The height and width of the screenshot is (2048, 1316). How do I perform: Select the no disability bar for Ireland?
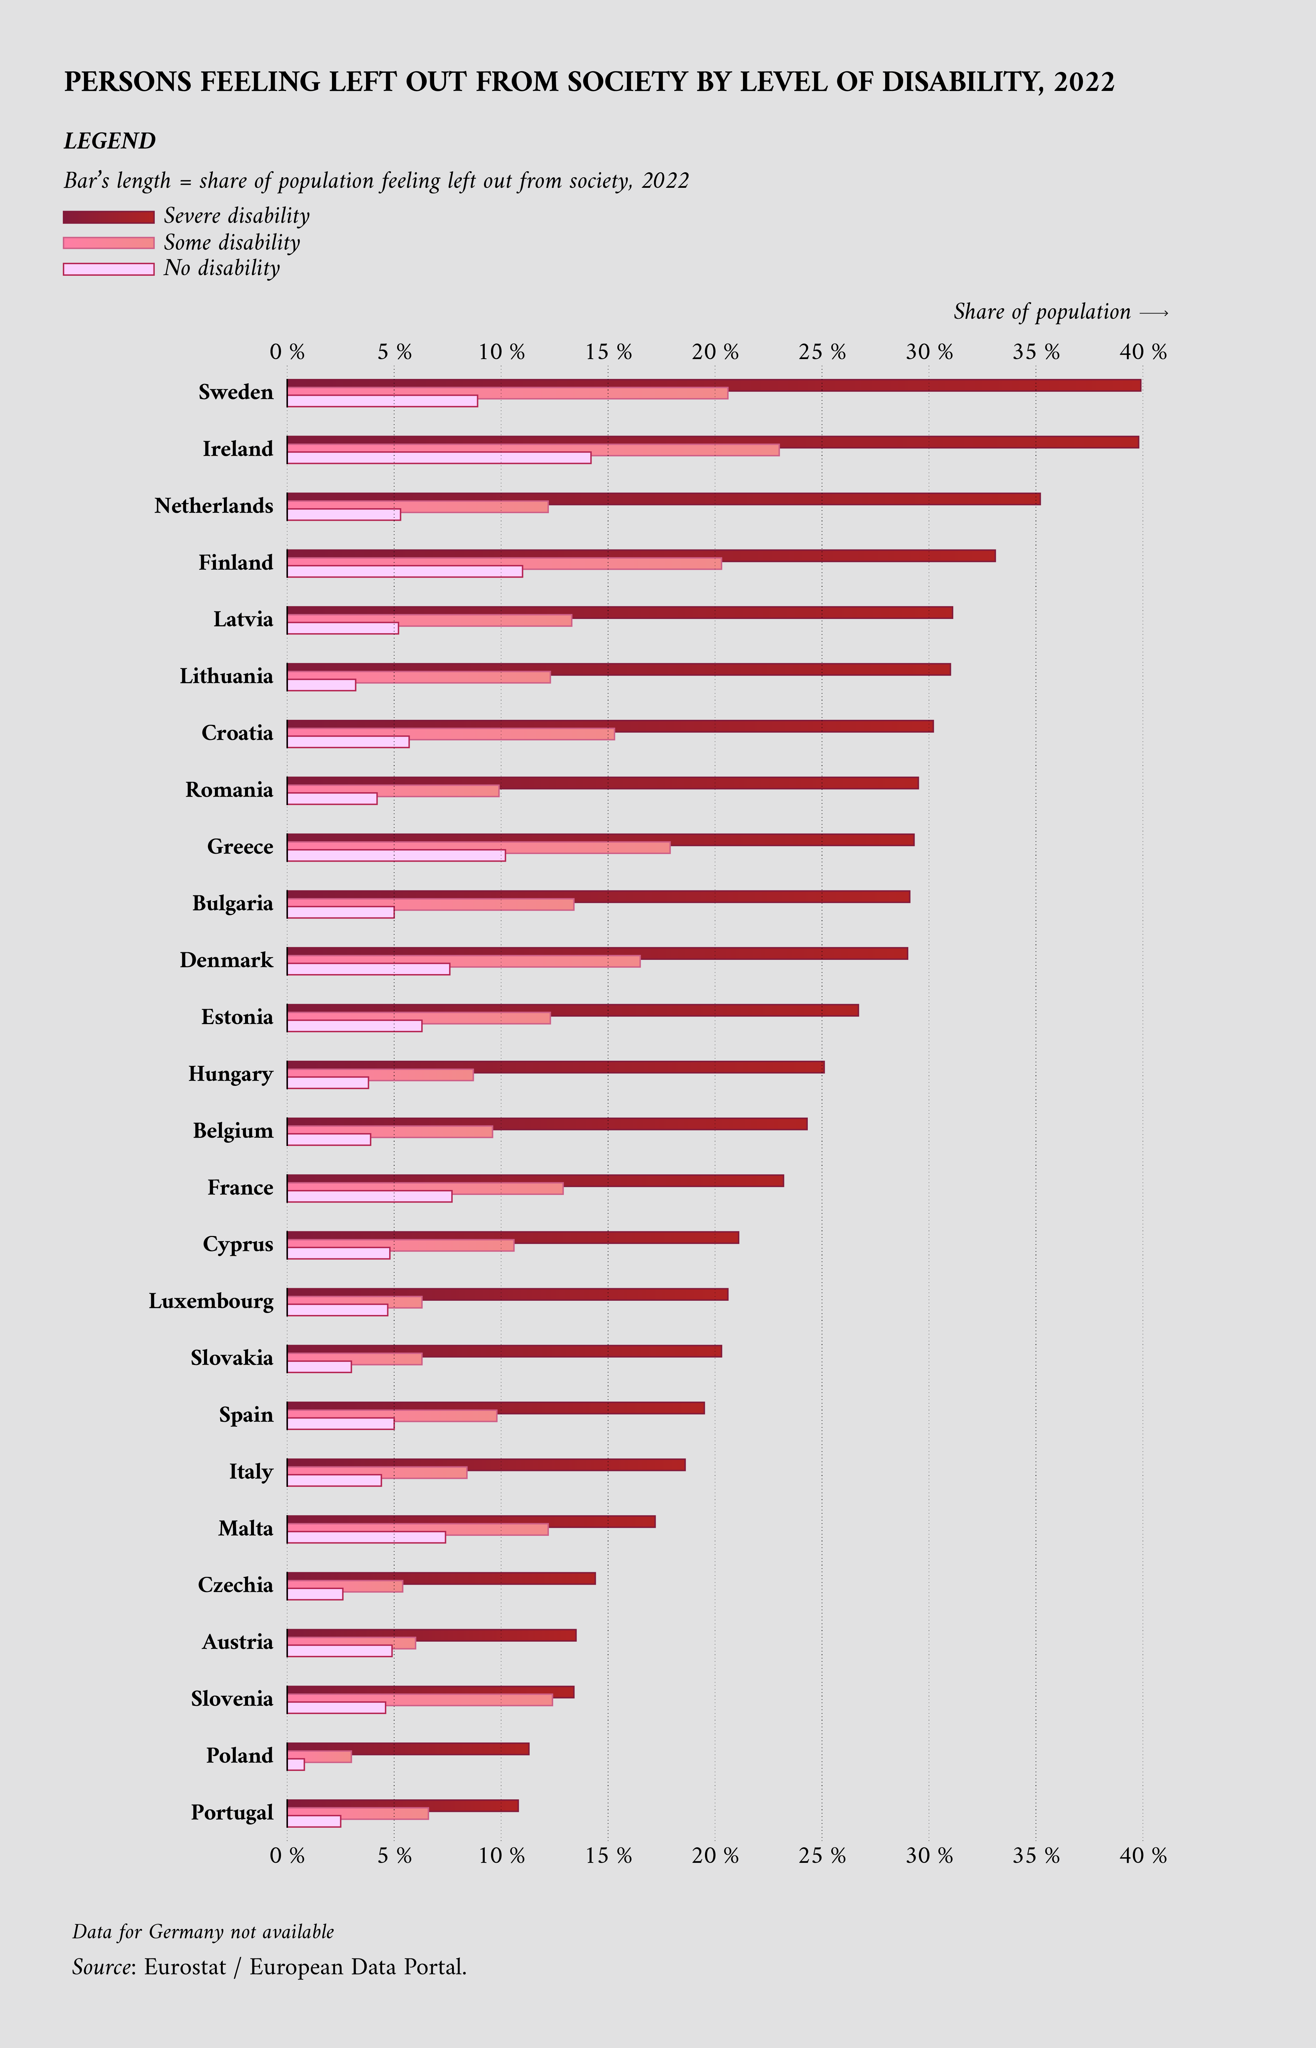tap(438, 458)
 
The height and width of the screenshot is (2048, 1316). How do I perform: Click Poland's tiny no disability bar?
tap(296, 1764)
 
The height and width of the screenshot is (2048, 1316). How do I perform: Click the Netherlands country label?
tap(214, 506)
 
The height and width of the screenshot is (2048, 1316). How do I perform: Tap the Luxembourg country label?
tap(211, 1301)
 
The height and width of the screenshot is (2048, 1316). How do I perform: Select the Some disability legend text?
tap(231, 243)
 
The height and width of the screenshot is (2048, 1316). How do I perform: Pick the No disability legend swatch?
tap(108, 269)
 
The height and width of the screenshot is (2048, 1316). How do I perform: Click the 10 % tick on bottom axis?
tap(502, 1856)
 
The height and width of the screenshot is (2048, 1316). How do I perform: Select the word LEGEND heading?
tap(109, 141)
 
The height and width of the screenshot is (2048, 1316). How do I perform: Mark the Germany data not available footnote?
tap(203, 1932)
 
